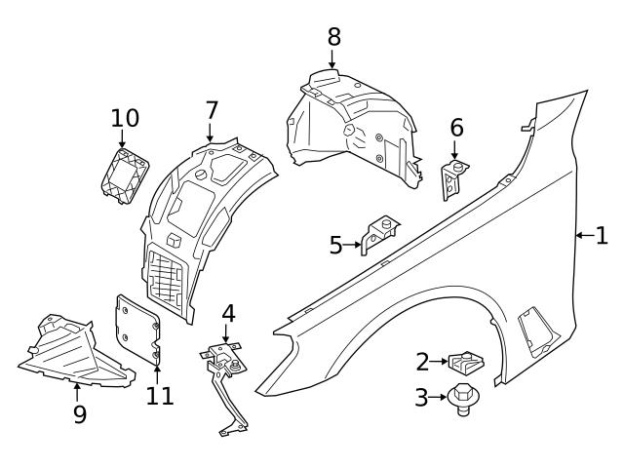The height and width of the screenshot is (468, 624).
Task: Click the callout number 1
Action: click(x=602, y=235)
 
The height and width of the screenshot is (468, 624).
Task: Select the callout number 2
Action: click(x=422, y=363)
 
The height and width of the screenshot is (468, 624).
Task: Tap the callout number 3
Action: click(x=422, y=398)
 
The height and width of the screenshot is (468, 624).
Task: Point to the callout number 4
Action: click(x=228, y=314)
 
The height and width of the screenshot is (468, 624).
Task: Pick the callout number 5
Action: click(x=336, y=245)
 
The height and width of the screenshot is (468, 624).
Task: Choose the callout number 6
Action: click(x=456, y=128)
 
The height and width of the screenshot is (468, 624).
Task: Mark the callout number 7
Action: click(x=212, y=111)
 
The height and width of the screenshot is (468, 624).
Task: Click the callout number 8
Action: click(x=334, y=37)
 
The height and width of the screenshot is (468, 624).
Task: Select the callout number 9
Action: click(x=80, y=413)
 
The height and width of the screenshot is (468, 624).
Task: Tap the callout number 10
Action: click(x=125, y=119)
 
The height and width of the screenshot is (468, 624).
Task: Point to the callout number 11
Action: click(x=159, y=396)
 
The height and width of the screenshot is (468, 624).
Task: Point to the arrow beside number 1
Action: click(x=582, y=235)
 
